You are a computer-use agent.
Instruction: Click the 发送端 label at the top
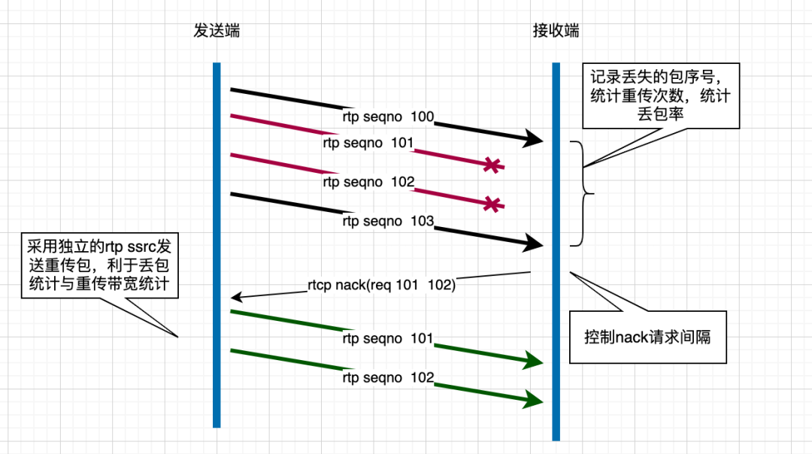[217, 31]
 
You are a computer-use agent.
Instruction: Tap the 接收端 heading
[556, 31]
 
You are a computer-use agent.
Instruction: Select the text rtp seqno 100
[388, 117]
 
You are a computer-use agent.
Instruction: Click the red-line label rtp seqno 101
[368, 143]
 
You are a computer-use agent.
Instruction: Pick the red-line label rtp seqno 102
[368, 182]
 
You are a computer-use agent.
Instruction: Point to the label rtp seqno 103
[388, 221]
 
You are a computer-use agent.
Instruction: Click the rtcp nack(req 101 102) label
[381, 285]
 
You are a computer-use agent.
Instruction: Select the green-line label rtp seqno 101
[388, 338]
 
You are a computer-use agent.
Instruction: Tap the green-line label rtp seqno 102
[388, 377]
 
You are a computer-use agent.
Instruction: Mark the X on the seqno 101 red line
[492, 165]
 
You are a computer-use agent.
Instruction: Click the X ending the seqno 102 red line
[492, 204]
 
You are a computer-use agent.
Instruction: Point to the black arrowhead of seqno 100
[535, 138]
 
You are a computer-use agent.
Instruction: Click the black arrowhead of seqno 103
[535, 242]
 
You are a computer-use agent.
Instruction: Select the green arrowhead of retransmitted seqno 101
[535, 361]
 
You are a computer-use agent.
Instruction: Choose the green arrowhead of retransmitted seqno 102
[535, 399]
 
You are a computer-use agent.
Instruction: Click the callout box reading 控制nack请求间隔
[647, 337]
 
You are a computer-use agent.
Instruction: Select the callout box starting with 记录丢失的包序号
[661, 96]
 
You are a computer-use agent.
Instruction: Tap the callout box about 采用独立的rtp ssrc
[99, 265]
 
